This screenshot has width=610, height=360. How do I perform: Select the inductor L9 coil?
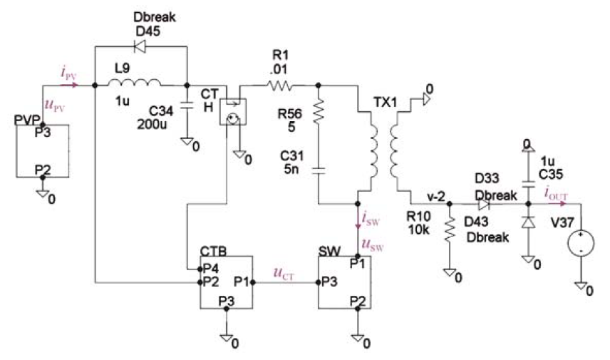coord(134,83)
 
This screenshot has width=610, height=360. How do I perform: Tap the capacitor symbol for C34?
coord(187,105)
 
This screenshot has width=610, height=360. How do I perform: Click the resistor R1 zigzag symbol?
coord(280,86)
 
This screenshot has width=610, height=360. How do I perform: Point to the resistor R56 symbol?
coord(319,111)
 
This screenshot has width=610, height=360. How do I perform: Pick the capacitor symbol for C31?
coord(319,170)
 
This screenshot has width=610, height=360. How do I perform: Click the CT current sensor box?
coord(232,112)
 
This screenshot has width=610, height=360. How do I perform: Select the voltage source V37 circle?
coord(581,243)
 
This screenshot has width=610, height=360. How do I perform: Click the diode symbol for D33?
coord(484,204)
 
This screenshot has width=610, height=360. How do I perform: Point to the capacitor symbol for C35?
coord(528,184)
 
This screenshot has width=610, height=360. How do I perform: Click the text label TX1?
coord(386,102)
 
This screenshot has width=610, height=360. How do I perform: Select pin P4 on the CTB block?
coord(200,269)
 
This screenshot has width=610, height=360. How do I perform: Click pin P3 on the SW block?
coord(319,282)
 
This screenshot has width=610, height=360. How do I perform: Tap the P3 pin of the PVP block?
coord(43,125)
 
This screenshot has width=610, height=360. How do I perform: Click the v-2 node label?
coord(435,197)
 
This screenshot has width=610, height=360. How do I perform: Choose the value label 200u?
coord(152,125)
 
